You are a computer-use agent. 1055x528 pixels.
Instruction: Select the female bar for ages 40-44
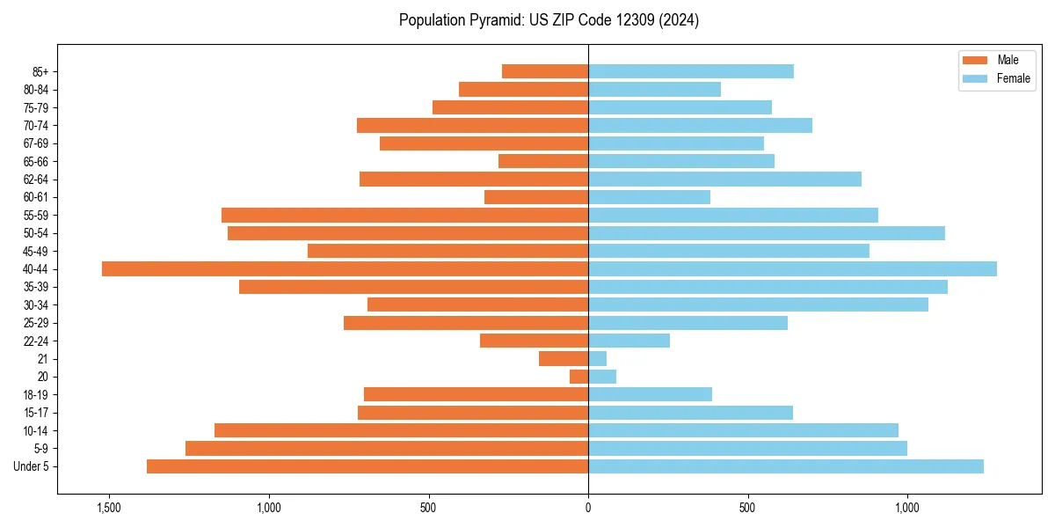coord(792,269)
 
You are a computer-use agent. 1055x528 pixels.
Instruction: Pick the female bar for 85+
coord(691,71)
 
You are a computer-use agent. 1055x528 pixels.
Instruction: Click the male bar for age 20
coord(579,377)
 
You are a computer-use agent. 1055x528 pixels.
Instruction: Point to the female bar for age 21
coord(598,358)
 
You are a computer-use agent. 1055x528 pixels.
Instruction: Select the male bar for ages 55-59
coord(404,215)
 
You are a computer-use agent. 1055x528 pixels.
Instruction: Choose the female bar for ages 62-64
coord(724,179)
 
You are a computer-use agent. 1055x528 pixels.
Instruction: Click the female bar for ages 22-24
coord(629,341)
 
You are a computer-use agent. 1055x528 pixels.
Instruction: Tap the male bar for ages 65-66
coord(543,161)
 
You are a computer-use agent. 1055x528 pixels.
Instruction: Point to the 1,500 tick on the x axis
coord(109,508)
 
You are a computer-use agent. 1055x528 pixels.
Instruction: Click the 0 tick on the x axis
coord(588,508)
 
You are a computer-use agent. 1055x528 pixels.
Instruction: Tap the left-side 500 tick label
coord(428,508)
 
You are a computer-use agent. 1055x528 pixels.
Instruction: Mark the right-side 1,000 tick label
coord(907,508)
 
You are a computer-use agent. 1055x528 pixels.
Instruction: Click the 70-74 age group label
coord(36,125)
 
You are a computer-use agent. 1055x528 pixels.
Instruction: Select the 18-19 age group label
coord(36,395)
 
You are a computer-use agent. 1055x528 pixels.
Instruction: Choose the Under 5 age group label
coord(32,466)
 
